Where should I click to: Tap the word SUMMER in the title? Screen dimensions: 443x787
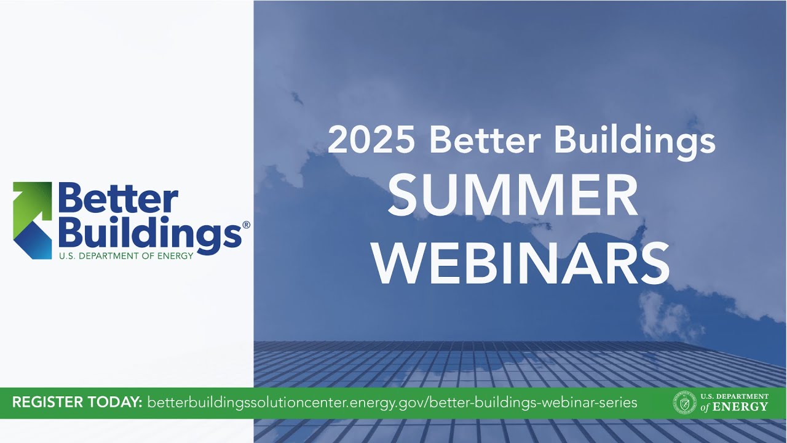coord(513,195)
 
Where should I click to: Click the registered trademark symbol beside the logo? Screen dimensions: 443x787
coord(246,225)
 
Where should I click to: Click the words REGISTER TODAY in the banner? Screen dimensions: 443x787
coord(77,403)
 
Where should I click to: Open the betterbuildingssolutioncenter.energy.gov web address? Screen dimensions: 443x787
coord(392,403)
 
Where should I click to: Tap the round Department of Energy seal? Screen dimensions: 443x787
coord(684,403)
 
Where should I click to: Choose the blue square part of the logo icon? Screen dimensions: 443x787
coord(33,240)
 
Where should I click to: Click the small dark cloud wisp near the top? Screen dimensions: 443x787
coord(297,97)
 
